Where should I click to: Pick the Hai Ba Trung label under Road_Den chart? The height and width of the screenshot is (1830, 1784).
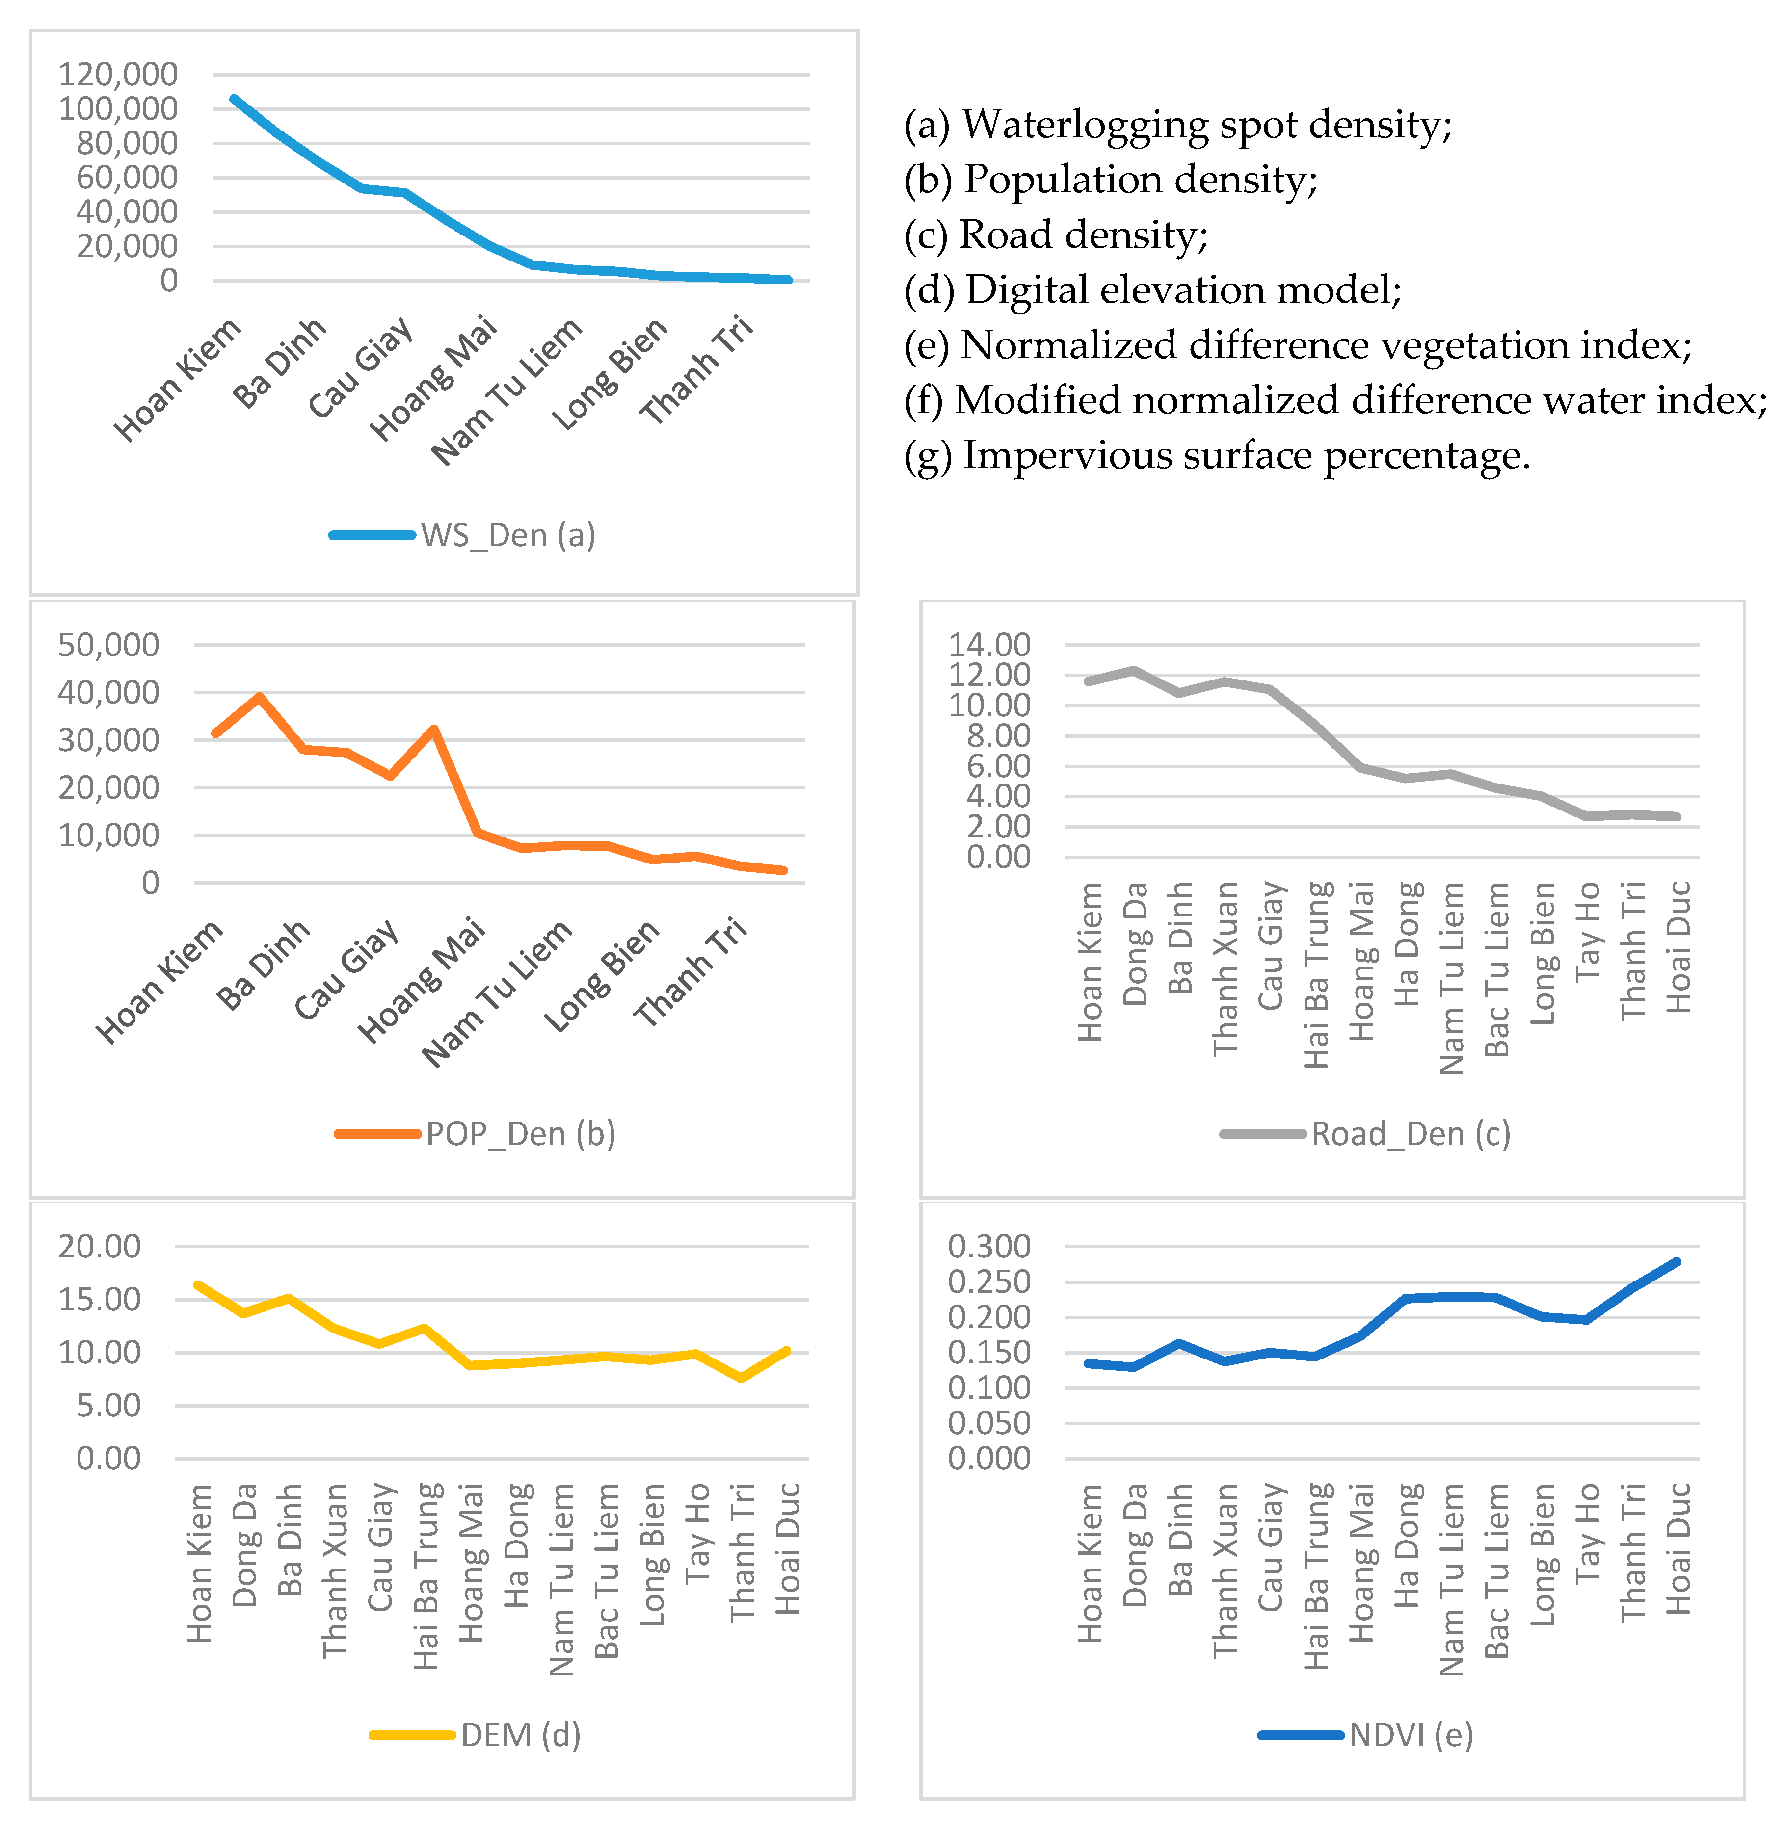click(x=1317, y=974)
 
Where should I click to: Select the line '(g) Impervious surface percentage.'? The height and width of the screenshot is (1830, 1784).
click(x=1216, y=456)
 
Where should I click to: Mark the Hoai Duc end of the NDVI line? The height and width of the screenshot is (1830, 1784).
click(x=1676, y=1262)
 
